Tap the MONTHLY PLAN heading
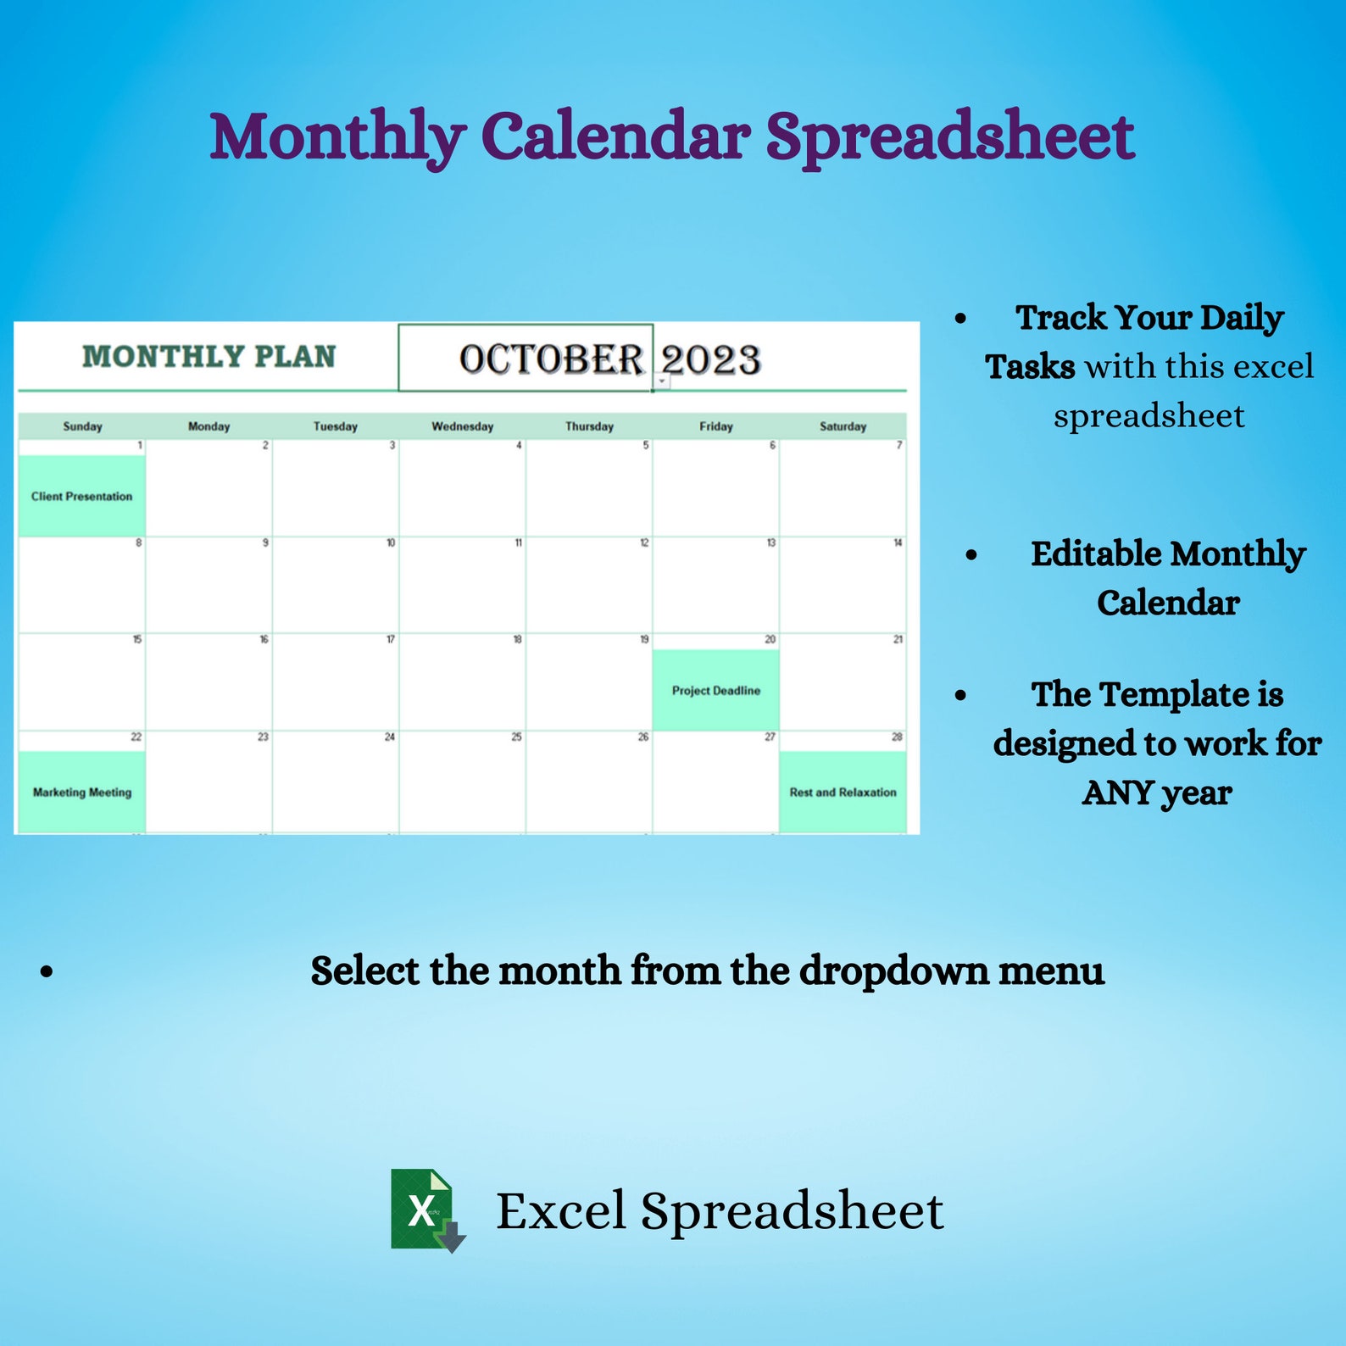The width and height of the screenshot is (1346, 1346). point(209,357)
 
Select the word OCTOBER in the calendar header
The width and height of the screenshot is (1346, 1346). point(551,359)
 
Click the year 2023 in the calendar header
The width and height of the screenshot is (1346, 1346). point(710,359)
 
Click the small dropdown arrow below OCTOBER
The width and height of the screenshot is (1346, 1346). point(662,382)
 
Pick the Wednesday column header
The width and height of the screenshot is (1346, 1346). point(462,426)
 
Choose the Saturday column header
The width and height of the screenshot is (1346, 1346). point(843,426)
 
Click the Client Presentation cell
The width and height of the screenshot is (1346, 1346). point(82,496)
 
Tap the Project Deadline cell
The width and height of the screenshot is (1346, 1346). point(715,690)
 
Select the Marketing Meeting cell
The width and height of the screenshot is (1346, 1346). point(82,792)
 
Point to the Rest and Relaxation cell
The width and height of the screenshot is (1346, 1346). point(843,792)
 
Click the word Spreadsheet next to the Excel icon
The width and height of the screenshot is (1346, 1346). point(792,1211)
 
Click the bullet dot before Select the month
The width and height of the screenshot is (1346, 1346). point(47,971)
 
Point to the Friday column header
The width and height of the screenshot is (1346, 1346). point(715,426)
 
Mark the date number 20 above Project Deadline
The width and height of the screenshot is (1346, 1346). point(770,639)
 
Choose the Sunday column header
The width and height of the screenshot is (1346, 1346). point(82,426)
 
